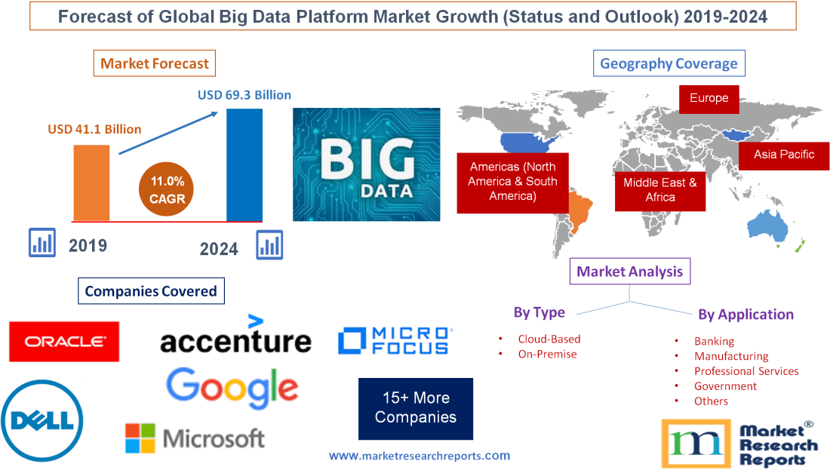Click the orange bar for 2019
point(91,183)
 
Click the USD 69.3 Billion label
point(244,95)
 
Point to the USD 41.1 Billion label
point(94,129)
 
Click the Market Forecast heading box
point(155,63)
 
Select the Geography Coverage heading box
point(669,63)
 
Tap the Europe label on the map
point(709,98)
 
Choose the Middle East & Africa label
point(659,189)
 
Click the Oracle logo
point(64,342)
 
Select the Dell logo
point(42,420)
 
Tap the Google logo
point(232,388)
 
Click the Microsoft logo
point(195,438)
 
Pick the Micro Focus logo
point(394,341)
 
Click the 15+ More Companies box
point(415,408)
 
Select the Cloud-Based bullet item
point(549,339)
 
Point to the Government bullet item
point(725,386)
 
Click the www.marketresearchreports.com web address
point(420,456)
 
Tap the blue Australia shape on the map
point(770,226)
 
